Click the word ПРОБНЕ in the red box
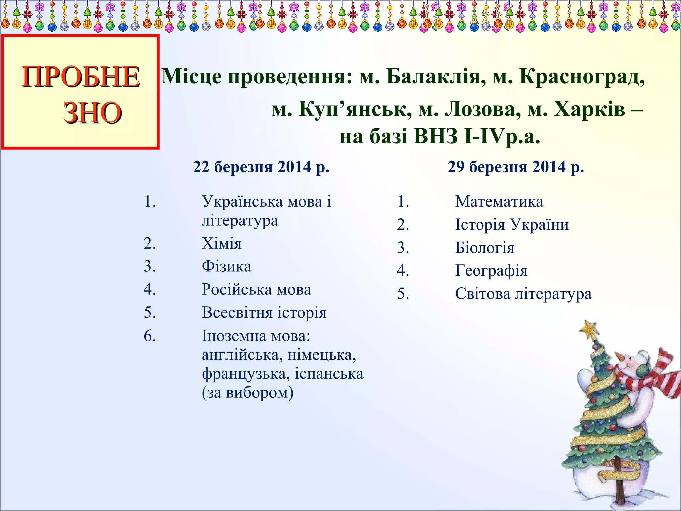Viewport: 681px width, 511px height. [81, 77]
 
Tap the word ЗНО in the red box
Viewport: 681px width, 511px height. [92, 113]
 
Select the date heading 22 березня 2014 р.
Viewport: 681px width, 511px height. [261, 167]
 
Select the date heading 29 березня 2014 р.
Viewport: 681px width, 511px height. [516, 167]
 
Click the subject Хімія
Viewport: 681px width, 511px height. [222, 244]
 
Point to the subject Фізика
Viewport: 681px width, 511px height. [226, 266]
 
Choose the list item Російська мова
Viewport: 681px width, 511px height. [256, 289]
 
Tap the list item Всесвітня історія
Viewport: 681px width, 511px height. [264, 313]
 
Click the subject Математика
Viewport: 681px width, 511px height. [499, 202]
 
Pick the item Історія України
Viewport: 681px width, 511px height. [512, 225]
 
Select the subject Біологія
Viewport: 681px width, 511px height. [484, 248]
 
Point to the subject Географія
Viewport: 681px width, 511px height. [491, 271]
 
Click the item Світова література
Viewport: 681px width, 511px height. [523, 294]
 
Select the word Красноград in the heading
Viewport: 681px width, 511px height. [582, 77]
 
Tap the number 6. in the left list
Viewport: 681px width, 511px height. [150, 336]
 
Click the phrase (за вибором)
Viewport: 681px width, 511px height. [247, 393]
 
